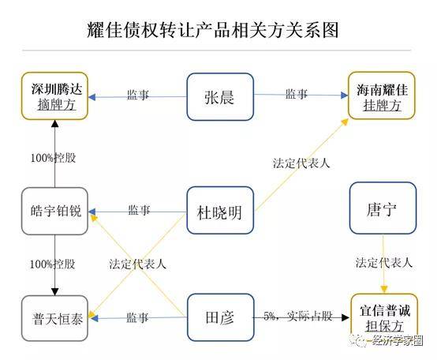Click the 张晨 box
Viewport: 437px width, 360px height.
[220, 97]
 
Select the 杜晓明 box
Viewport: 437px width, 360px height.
[220, 211]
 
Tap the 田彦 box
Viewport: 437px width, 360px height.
[220, 317]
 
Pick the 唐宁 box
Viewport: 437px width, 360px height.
[383, 208]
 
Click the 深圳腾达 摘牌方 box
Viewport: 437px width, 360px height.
[54, 96]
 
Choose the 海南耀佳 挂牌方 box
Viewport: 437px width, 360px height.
[382, 96]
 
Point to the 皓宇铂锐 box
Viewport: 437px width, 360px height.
[54, 211]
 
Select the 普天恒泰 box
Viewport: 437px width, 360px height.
[54, 318]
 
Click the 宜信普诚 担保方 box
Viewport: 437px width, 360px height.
[384, 318]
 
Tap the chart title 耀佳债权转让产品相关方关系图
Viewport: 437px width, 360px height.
[213, 30]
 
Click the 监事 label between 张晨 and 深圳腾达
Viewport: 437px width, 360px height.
[138, 95]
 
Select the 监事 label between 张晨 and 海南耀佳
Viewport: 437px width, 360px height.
[297, 94]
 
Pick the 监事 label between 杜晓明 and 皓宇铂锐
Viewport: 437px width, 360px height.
[139, 210]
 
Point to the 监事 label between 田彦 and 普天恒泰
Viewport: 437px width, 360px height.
[137, 317]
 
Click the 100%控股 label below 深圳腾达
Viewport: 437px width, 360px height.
[53, 158]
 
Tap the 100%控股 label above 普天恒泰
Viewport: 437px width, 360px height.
[52, 264]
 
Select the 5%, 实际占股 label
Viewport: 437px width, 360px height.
[298, 316]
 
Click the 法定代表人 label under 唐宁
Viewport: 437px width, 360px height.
[383, 263]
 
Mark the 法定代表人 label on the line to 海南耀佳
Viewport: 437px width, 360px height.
[301, 163]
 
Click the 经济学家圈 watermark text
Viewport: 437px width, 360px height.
[397, 340]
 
